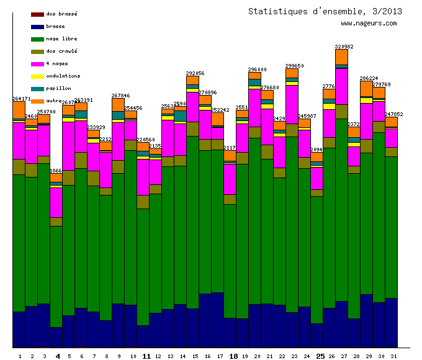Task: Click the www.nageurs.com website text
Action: (x=368, y=24)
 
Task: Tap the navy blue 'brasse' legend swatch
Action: (x=37, y=27)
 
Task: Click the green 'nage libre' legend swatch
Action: (x=37, y=39)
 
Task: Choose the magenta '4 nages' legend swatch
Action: (x=37, y=64)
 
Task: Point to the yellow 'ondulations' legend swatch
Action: (x=37, y=76)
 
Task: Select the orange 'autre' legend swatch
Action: (x=37, y=101)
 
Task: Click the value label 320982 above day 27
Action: (x=344, y=47)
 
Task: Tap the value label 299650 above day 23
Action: (x=294, y=66)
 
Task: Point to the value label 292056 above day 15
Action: (x=195, y=73)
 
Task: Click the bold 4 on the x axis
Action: (x=58, y=356)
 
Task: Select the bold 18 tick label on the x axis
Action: (x=233, y=356)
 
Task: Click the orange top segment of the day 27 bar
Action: (x=341, y=56)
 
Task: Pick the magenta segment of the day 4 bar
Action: (x=56, y=202)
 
